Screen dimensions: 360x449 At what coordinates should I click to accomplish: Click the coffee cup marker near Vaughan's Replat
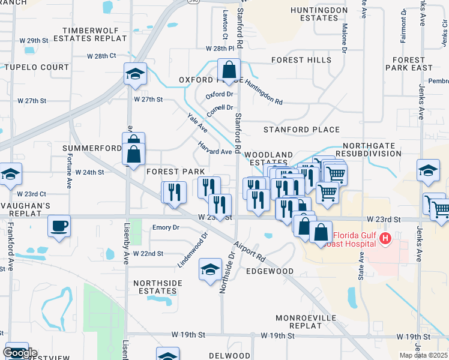coord(59,227)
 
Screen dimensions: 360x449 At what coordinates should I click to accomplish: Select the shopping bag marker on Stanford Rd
coord(229,70)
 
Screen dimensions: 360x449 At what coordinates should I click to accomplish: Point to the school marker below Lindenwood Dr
coord(209,269)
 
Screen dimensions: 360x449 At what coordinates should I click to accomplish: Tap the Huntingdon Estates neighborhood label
coord(319,14)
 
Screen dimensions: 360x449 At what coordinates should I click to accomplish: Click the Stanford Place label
coord(301,130)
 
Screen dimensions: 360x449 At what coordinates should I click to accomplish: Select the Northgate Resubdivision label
coord(372,149)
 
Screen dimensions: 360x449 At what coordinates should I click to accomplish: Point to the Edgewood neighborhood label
coord(270,271)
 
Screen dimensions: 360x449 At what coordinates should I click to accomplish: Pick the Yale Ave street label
coord(197,122)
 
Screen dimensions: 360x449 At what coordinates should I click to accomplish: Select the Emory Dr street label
coord(166,227)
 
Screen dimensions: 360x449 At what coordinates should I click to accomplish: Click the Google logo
coord(20,353)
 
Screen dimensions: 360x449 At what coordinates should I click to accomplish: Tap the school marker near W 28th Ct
coord(135,74)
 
